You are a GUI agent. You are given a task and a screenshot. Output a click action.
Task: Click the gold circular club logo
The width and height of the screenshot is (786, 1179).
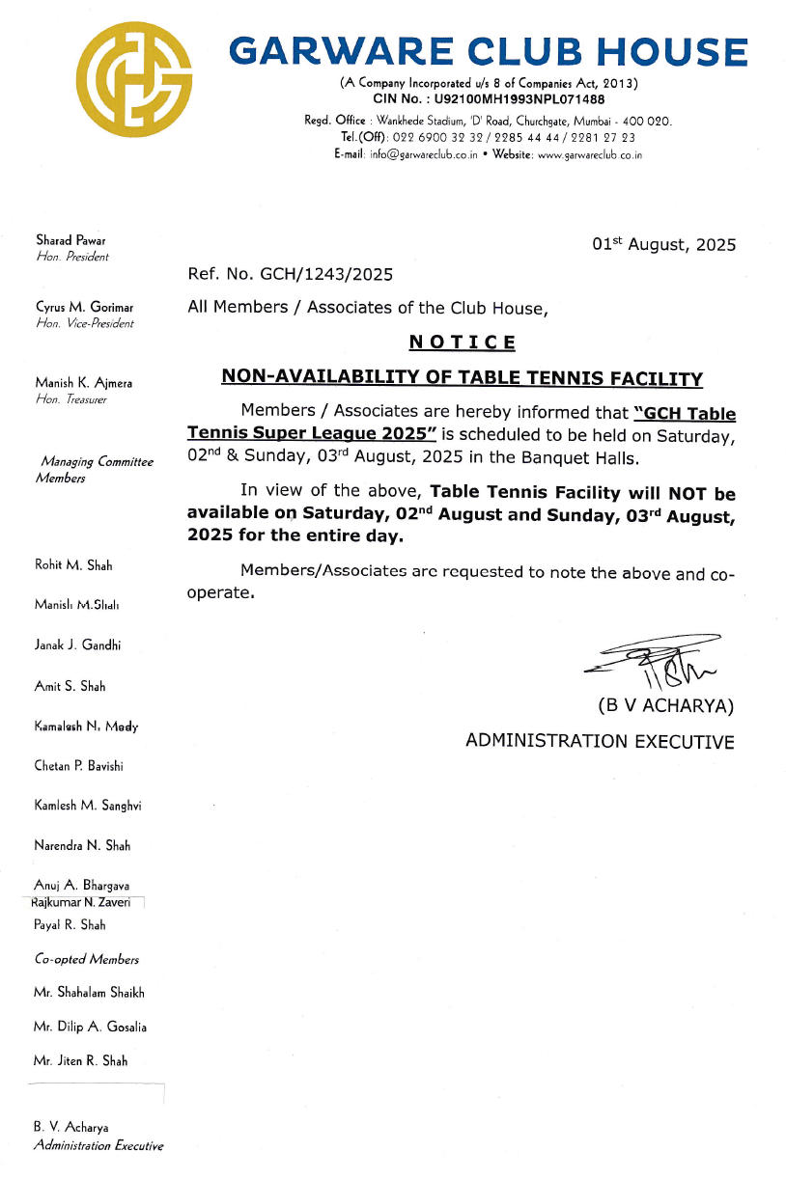[x=135, y=81]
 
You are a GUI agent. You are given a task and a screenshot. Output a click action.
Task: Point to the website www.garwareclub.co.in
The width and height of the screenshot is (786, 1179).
[x=589, y=154]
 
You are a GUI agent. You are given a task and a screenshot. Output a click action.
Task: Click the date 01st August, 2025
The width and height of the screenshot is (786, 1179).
[x=663, y=244]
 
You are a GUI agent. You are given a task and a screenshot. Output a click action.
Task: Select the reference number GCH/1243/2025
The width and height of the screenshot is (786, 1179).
[x=326, y=275]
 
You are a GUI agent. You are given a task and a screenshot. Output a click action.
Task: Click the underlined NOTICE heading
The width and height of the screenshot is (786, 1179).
[x=462, y=343]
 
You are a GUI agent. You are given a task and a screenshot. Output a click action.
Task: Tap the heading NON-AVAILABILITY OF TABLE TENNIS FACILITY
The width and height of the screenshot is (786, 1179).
[x=462, y=378]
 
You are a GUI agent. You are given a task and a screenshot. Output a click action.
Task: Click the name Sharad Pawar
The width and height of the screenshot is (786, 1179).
[x=70, y=239]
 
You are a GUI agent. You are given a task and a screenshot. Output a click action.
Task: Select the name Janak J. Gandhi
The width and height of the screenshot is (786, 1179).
[x=77, y=645]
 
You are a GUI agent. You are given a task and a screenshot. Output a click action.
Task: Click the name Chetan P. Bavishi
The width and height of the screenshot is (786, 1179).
[x=78, y=766]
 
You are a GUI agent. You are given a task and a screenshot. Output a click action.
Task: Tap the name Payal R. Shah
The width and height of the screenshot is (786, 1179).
[x=70, y=924]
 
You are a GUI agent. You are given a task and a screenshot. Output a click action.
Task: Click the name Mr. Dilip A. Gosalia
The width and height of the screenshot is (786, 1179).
[x=90, y=1027]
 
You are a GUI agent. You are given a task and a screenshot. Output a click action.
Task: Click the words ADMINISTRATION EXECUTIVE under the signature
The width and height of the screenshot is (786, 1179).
[x=600, y=741]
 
